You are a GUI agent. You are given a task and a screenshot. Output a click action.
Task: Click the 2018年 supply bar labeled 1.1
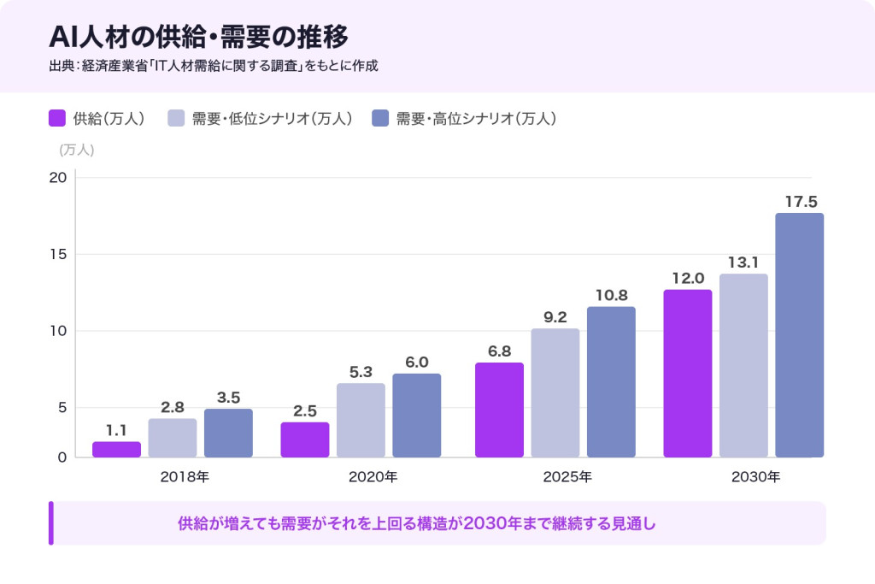coord(116,450)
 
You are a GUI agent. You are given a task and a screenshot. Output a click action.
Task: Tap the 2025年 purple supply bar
coord(499,410)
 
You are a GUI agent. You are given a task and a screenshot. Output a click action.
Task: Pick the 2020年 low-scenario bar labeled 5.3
coord(361,420)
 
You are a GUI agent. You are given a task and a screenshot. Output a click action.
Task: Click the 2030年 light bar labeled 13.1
coord(743,365)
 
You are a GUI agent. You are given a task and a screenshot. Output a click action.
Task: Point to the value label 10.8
coord(611,294)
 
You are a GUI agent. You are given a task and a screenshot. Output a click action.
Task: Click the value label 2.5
coord(305,410)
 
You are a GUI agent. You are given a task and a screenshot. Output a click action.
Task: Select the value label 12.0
coord(688,278)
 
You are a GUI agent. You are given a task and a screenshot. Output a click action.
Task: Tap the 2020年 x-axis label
coord(373,477)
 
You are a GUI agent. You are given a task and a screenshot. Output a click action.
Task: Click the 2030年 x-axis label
coord(755,477)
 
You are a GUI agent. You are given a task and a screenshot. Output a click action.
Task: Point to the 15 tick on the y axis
coord(59,254)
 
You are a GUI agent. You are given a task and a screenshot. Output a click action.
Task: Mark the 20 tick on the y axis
coord(58,178)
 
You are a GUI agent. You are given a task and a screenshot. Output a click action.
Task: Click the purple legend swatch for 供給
coord(58,119)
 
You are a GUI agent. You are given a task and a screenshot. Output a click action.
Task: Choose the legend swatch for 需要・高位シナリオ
coord(381,119)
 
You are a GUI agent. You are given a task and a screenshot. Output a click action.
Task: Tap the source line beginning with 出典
coord(214,66)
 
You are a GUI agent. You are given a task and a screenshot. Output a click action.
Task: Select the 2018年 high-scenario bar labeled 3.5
coord(228,433)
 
